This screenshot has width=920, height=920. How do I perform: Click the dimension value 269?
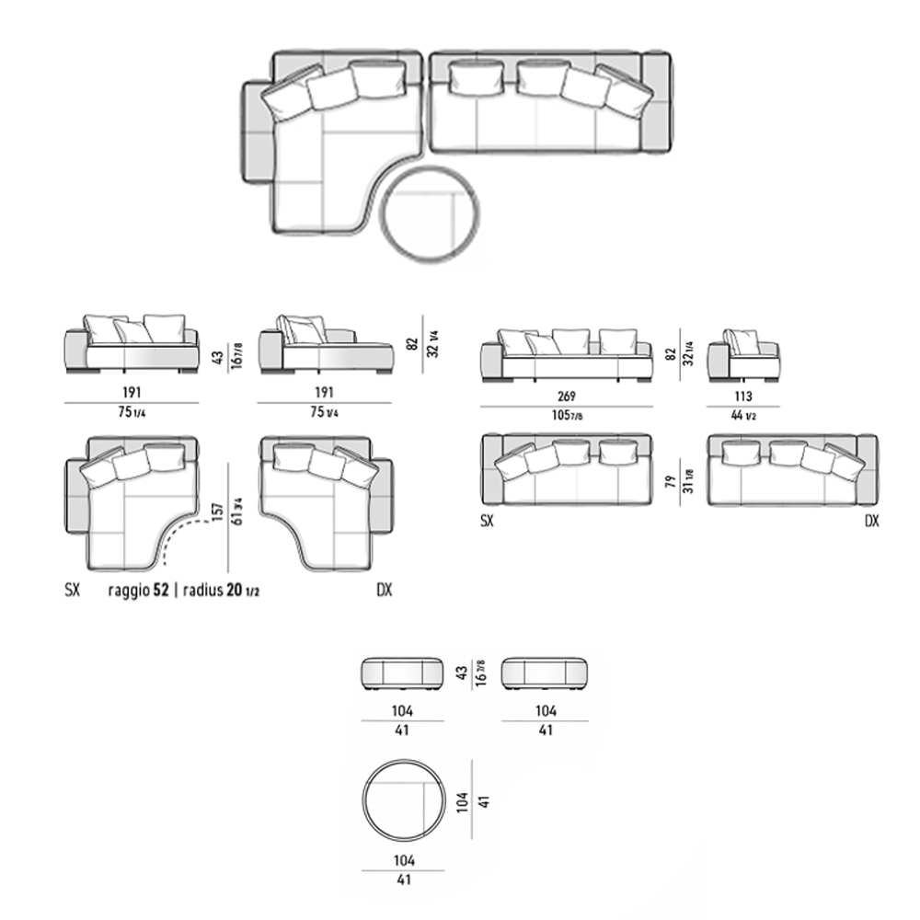[566, 396]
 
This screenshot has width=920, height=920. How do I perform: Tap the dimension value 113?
[742, 396]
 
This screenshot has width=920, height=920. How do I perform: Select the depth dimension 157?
[218, 512]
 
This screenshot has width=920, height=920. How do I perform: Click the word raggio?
[129, 590]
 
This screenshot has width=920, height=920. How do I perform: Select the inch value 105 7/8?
[567, 415]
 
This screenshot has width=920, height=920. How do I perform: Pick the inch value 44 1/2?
[742, 415]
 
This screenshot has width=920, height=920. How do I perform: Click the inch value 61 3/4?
[237, 512]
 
